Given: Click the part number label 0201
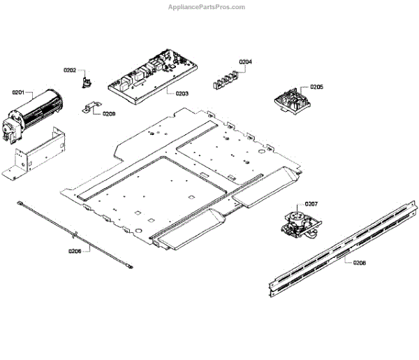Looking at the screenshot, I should click(17, 92).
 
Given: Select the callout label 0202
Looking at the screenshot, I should click(70, 71).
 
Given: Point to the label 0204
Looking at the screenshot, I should click(245, 62).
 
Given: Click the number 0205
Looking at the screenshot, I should click(316, 87).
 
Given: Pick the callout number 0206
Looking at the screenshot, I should click(75, 251).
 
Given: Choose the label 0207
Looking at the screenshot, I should click(311, 204).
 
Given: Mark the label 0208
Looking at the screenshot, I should click(360, 263).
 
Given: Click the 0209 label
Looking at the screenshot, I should click(109, 113).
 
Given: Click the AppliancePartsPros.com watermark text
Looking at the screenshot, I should click(207, 7).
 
